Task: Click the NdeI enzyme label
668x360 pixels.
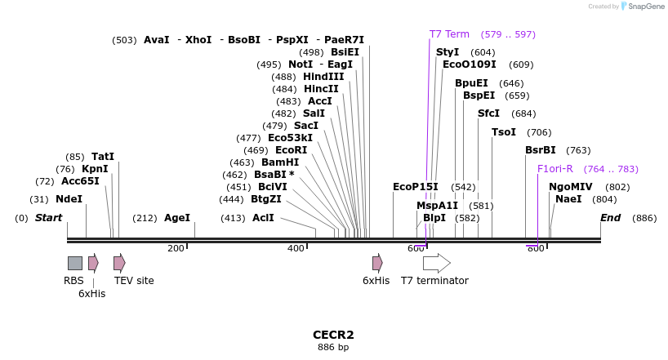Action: [69, 199]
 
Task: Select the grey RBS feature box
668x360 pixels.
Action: [75, 264]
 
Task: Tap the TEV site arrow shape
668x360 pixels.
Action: [119, 264]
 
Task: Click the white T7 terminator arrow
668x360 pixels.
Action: [437, 264]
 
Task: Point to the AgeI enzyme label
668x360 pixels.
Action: [177, 218]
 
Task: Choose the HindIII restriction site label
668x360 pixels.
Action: [323, 77]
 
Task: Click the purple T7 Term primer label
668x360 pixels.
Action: [449, 34]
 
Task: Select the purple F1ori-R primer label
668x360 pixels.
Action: [555, 169]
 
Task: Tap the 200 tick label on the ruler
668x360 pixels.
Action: [176, 248]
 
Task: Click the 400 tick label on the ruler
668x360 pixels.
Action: [296, 248]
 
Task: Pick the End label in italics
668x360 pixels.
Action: [611, 218]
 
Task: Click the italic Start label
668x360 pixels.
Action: [48, 218]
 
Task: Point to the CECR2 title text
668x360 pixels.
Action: [333, 335]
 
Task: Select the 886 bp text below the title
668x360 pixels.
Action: [333, 347]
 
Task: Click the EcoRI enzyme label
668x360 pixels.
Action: [292, 150]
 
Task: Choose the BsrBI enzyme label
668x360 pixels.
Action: [540, 150]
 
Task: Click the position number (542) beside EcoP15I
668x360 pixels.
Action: [463, 187]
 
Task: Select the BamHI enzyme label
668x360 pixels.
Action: [280, 162]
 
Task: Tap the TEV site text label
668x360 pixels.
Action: [134, 280]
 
